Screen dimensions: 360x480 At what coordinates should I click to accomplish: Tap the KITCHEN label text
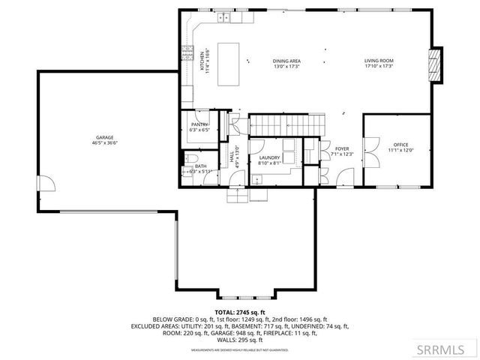click(202, 60)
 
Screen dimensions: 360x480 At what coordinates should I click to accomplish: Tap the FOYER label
click(342, 151)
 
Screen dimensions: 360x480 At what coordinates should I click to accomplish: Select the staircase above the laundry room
click(279, 122)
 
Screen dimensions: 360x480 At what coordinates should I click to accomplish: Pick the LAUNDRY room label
click(269, 160)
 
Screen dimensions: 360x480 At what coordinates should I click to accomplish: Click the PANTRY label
click(199, 127)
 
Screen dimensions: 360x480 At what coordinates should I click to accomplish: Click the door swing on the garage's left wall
click(46, 184)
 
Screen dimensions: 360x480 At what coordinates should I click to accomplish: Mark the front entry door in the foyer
click(346, 178)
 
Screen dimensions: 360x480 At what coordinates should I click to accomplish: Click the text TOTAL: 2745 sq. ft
click(240, 311)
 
